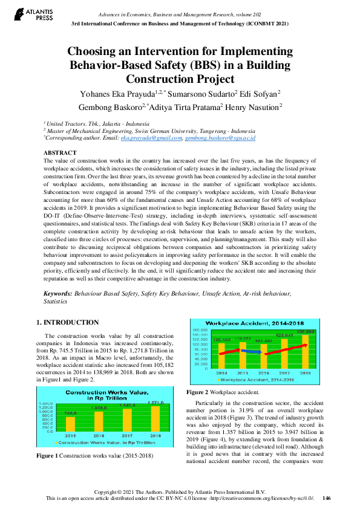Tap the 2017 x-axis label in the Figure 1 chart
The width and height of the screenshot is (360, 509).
tap(126, 435)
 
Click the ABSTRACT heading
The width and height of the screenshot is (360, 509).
tap(61, 153)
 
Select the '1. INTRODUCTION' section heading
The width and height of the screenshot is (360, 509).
tap(67, 322)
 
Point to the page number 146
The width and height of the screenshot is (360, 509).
tap(327, 498)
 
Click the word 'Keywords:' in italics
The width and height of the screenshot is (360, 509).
tap(57, 293)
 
